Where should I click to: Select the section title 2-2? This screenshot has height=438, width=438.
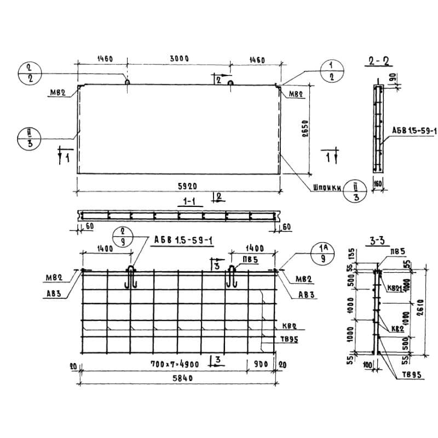click(376, 62)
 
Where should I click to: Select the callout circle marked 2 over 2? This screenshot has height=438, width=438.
click(30, 73)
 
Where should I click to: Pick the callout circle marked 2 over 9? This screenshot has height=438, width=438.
click(123, 237)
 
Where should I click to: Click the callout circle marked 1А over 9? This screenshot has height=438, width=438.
click(324, 254)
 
